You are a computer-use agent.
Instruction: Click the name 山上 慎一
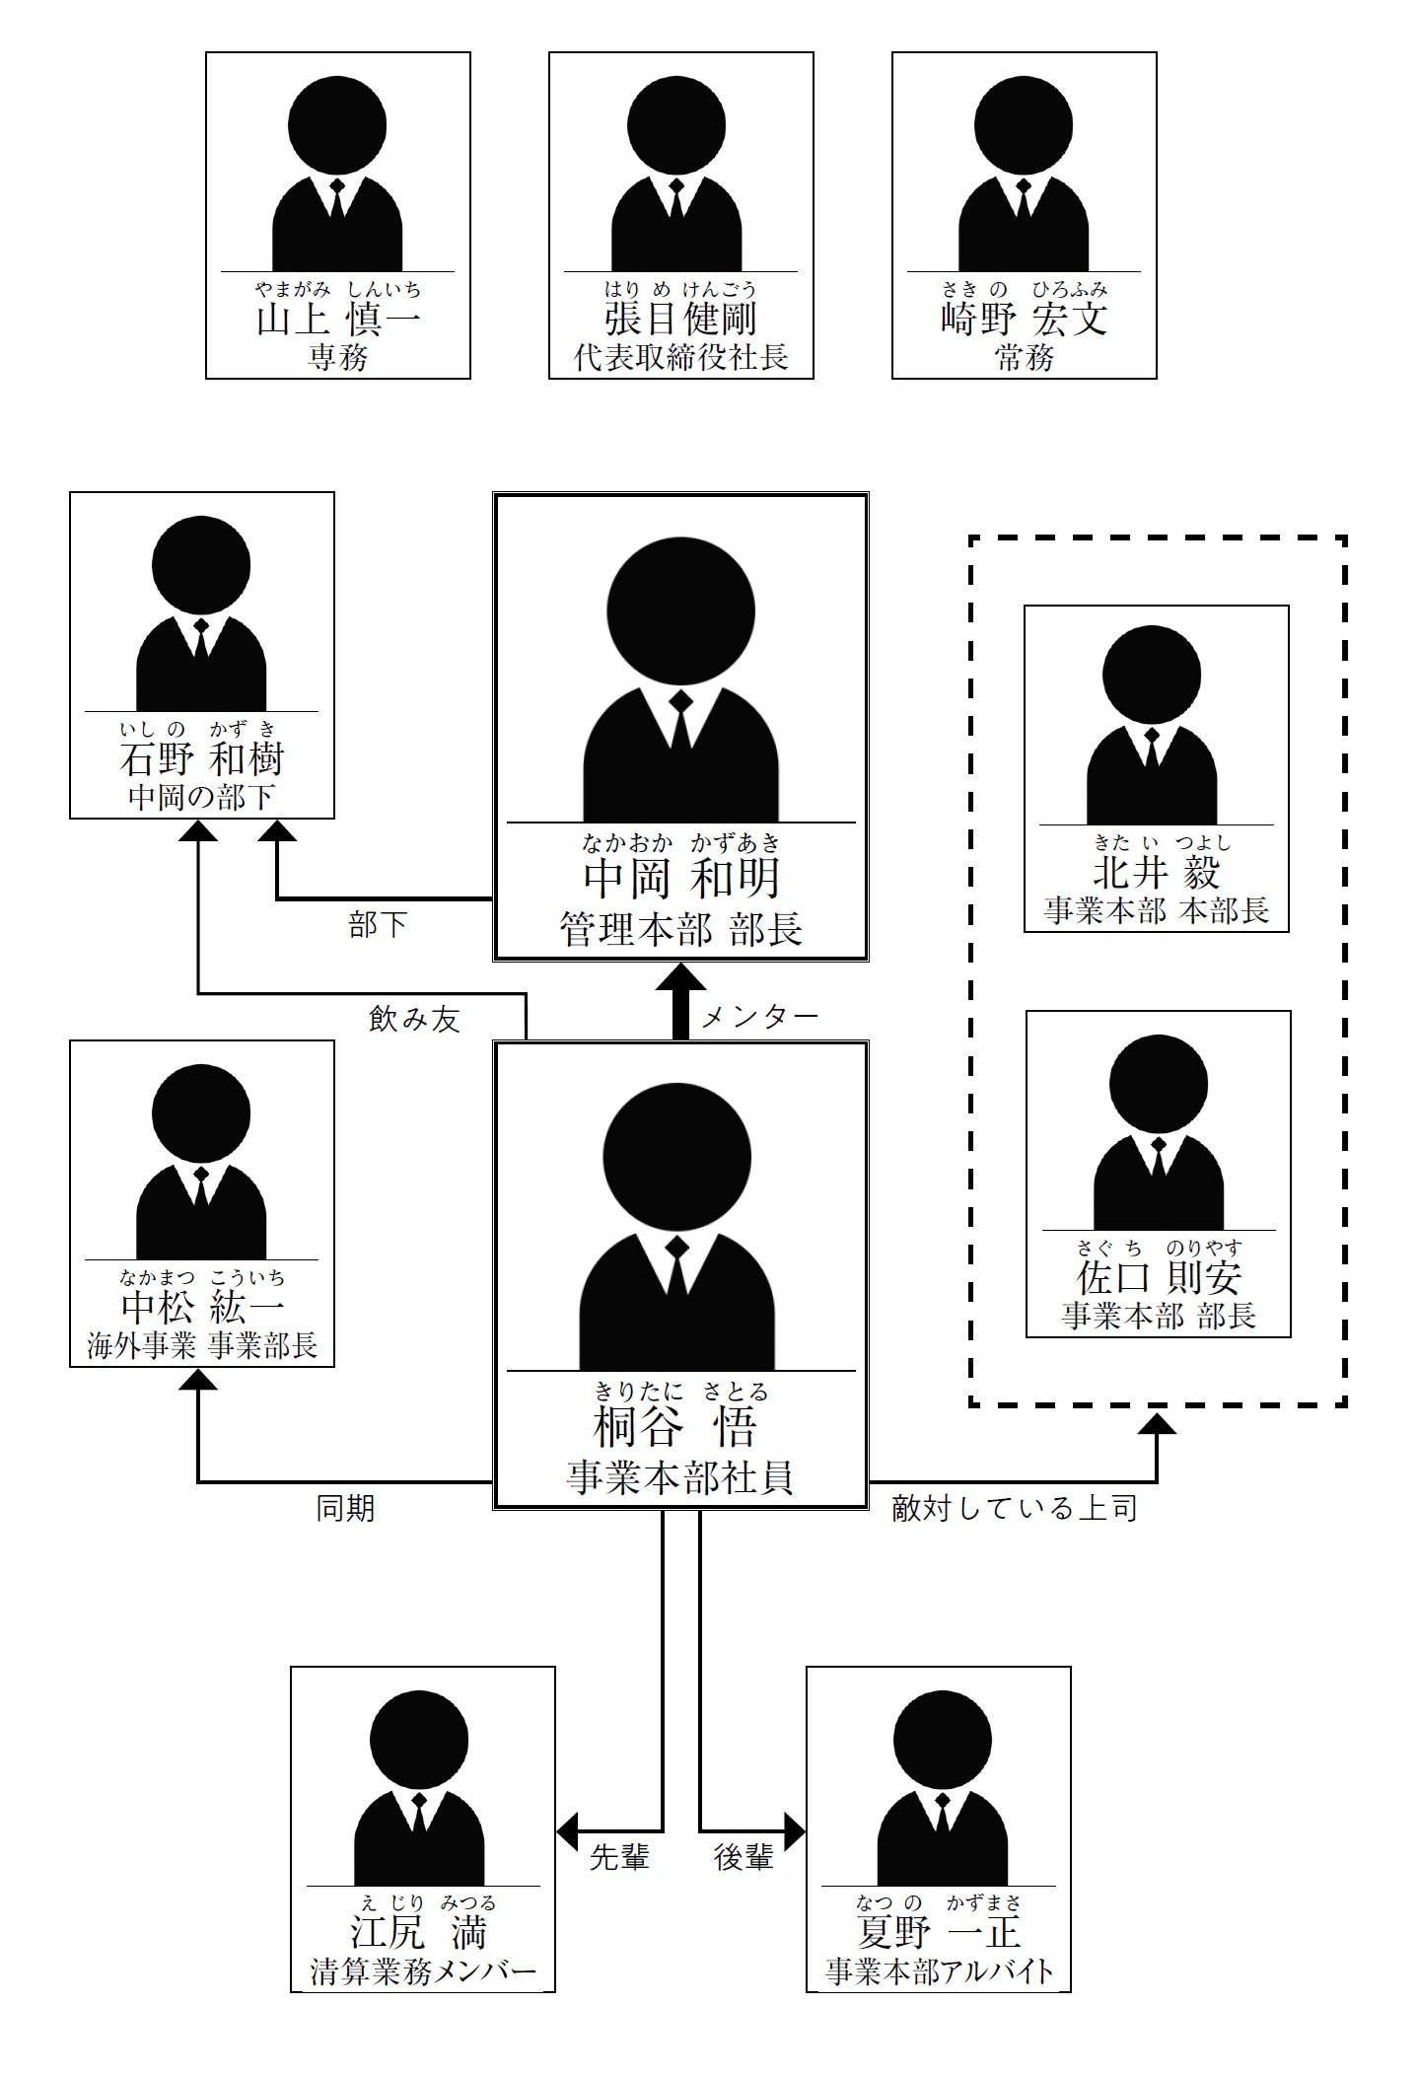(x=337, y=321)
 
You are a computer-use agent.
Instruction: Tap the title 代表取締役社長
(x=680, y=357)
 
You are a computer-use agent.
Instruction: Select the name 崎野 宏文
(x=1024, y=321)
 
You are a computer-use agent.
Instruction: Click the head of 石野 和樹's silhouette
(x=201, y=565)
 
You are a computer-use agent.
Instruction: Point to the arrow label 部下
(x=378, y=925)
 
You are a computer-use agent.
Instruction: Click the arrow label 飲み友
(x=414, y=1019)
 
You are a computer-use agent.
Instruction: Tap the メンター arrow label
(x=759, y=1017)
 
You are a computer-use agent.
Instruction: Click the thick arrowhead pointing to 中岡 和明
(x=680, y=979)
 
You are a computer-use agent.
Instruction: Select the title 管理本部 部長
(x=680, y=929)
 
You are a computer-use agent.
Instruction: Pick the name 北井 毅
(x=1156, y=873)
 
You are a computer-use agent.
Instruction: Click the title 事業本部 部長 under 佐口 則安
(x=1158, y=1316)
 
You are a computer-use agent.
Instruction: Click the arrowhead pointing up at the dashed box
(x=1157, y=1423)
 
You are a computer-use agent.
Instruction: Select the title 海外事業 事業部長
(x=201, y=1346)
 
